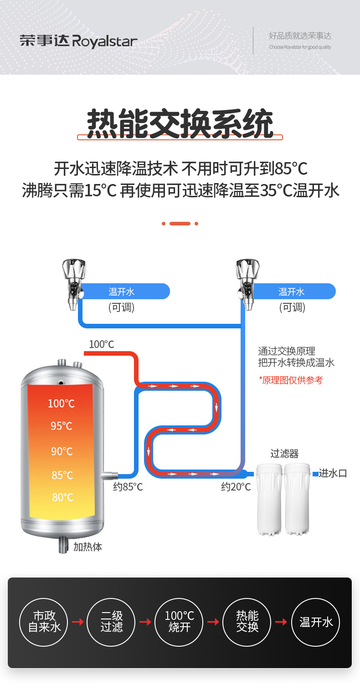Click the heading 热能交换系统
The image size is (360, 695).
(x=180, y=123)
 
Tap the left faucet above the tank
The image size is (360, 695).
(x=73, y=283)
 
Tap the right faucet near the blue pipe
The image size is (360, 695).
(x=247, y=283)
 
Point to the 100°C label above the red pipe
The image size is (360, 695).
(x=101, y=344)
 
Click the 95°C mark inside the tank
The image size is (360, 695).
(x=62, y=426)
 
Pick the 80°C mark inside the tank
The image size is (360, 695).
(x=62, y=497)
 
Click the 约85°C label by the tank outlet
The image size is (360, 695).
(x=128, y=487)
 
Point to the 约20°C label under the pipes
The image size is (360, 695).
(x=236, y=487)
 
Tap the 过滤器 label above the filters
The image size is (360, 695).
(x=284, y=454)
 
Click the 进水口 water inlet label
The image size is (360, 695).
(x=333, y=473)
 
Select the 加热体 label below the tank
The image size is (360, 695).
(x=87, y=547)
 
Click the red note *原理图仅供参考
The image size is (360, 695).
(x=291, y=380)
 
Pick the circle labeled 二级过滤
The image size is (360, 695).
(x=112, y=622)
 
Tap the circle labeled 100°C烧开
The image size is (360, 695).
(x=180, y=622)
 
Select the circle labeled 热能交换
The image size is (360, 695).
(x=247, y=622)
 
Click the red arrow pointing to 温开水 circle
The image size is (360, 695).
(x=281, y=622)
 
